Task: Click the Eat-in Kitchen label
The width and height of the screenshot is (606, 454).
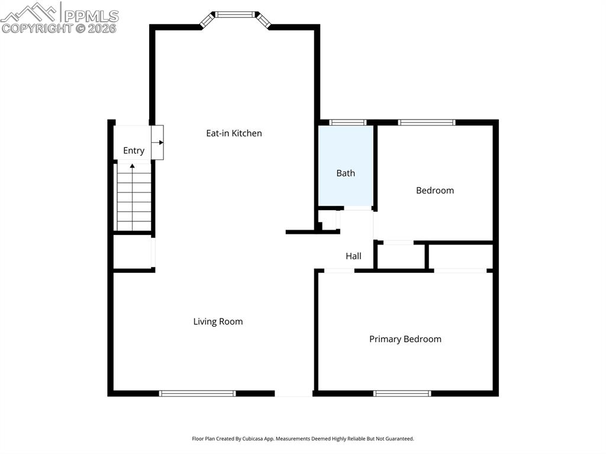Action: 234,133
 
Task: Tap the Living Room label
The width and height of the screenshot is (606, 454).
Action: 218,321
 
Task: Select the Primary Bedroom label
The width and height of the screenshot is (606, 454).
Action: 405,339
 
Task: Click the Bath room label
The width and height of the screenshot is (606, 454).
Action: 346,173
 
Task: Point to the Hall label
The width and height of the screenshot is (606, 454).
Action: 353,256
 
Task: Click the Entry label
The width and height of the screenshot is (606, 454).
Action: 133,150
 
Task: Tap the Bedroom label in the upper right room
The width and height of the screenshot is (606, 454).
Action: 434,190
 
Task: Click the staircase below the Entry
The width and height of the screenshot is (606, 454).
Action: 133,198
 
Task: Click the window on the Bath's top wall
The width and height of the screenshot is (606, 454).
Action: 347,123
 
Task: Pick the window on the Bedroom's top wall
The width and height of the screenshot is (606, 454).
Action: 426,123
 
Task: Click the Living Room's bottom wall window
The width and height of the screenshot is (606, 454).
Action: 198,393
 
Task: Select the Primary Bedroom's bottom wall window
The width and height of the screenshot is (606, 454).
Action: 402,393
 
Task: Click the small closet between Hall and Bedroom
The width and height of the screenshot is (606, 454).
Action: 401,256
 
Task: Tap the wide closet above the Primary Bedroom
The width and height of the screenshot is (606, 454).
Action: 460,256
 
